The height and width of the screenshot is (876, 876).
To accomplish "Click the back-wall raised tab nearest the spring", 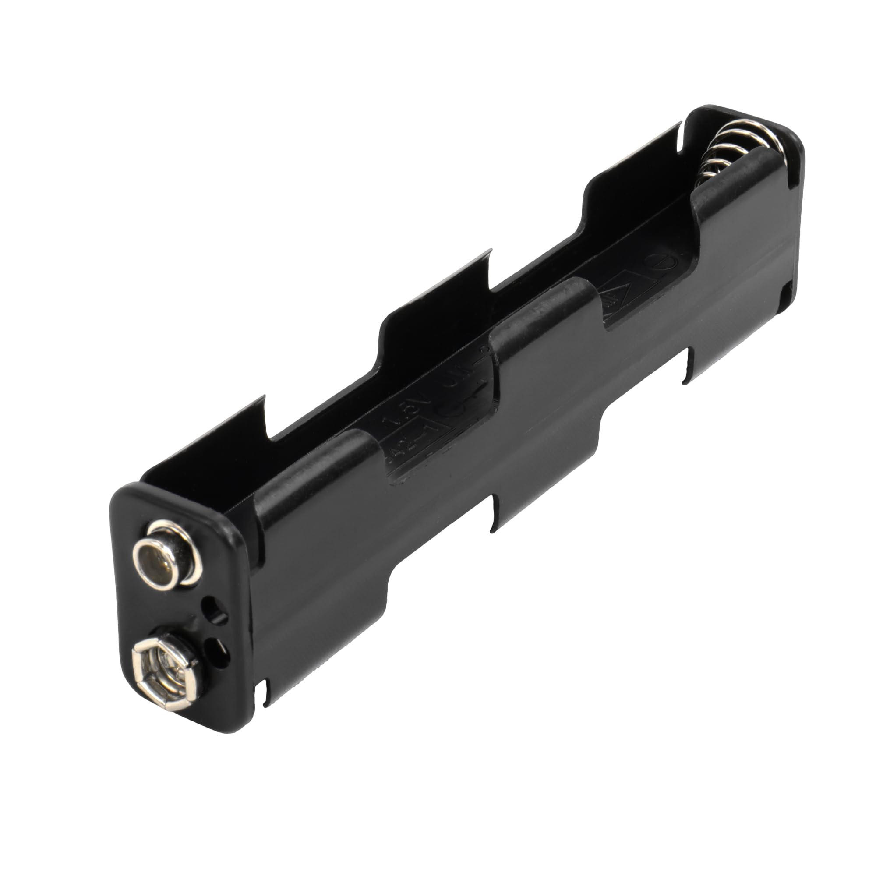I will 635,159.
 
